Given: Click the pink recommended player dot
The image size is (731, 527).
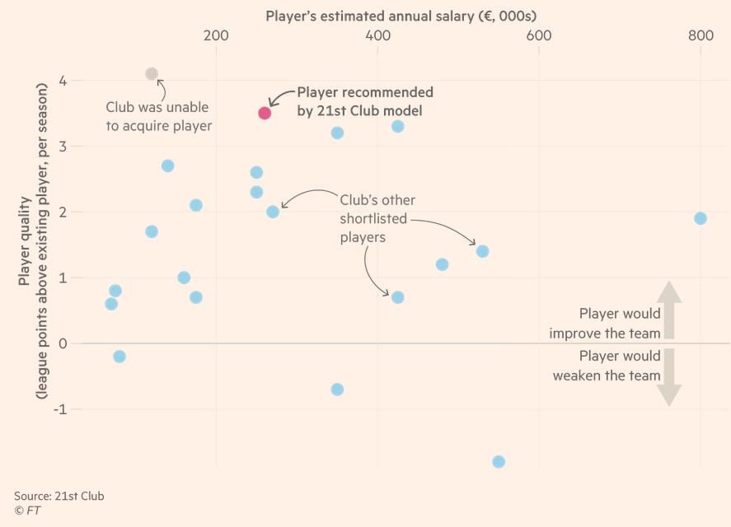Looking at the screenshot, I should click(x=265, y=113).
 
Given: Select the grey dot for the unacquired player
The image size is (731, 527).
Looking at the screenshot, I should click(x=152, y=74).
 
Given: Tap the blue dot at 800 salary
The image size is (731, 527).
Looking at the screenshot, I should click(x=701, y=218).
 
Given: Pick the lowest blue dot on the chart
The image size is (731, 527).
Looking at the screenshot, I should click(x=499, y=462).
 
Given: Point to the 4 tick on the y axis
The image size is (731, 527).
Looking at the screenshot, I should click(x=63, y=81).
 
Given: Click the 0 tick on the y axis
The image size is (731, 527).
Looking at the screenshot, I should click(x=63, y=343).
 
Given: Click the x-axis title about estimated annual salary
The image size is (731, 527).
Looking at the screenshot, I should click(x=401, y=16).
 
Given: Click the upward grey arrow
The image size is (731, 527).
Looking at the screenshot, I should click(x=669, y=310).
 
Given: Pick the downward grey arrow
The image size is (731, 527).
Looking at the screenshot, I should click(x=669, y=377).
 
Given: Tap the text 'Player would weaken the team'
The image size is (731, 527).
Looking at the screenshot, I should click(x=607, y=366).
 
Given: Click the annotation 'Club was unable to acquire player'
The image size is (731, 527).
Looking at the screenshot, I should click(x=159, y=116).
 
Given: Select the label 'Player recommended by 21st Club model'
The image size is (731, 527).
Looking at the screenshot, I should click(x=364, y=101).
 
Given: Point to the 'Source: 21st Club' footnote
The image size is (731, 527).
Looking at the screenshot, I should click(x=59, y=496).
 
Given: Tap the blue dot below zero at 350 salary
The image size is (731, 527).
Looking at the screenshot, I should click(x=337, y=389).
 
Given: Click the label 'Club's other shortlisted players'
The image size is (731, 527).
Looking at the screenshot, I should click(x=377, y=218).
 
